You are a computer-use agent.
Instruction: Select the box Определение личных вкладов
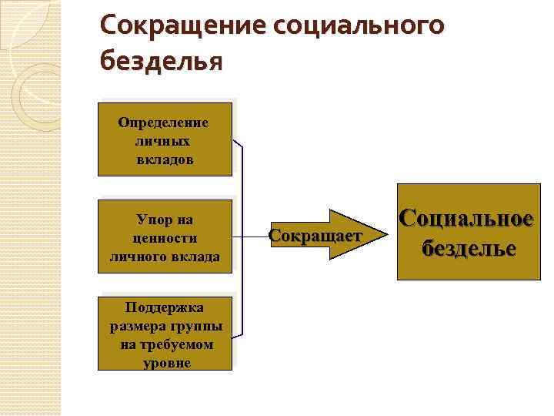click(165, 139)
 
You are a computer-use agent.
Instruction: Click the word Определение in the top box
click(164, 122)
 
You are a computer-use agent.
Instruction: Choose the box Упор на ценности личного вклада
click(165, 237)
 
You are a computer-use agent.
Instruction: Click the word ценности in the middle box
click(165, 237)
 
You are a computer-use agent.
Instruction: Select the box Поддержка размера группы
click(165, 333)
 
